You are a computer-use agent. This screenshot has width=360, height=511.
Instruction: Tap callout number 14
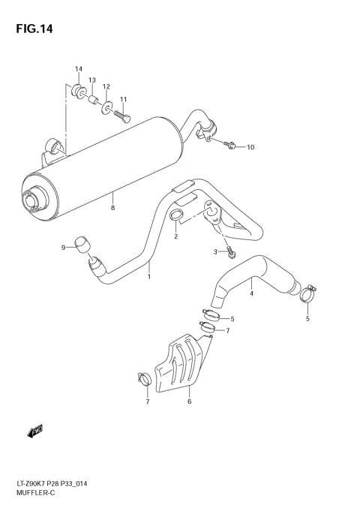(x=78, y=70)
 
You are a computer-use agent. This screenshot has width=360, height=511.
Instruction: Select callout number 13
(x=92, y=80)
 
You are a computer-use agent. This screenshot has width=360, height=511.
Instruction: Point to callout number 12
(x=106, y=86)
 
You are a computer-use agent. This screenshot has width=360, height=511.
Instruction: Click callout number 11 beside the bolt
(x=123, y=99)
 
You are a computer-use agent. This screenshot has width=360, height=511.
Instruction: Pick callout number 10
(x=250, y=147)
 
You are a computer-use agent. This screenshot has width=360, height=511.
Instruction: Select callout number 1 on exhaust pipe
(x=148, y=276)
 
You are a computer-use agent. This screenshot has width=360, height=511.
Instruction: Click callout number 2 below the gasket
(x=175, y=237)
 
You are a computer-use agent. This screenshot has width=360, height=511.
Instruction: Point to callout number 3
(x=214, y=251)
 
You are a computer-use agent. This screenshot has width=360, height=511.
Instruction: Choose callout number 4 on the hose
(x=251, y=293)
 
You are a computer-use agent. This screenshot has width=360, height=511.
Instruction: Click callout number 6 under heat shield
(x=189, y=402)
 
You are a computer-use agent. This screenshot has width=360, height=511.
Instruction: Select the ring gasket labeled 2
(x=176, y=218)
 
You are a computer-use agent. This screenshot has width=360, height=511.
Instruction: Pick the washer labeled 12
(x=106, y=104)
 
